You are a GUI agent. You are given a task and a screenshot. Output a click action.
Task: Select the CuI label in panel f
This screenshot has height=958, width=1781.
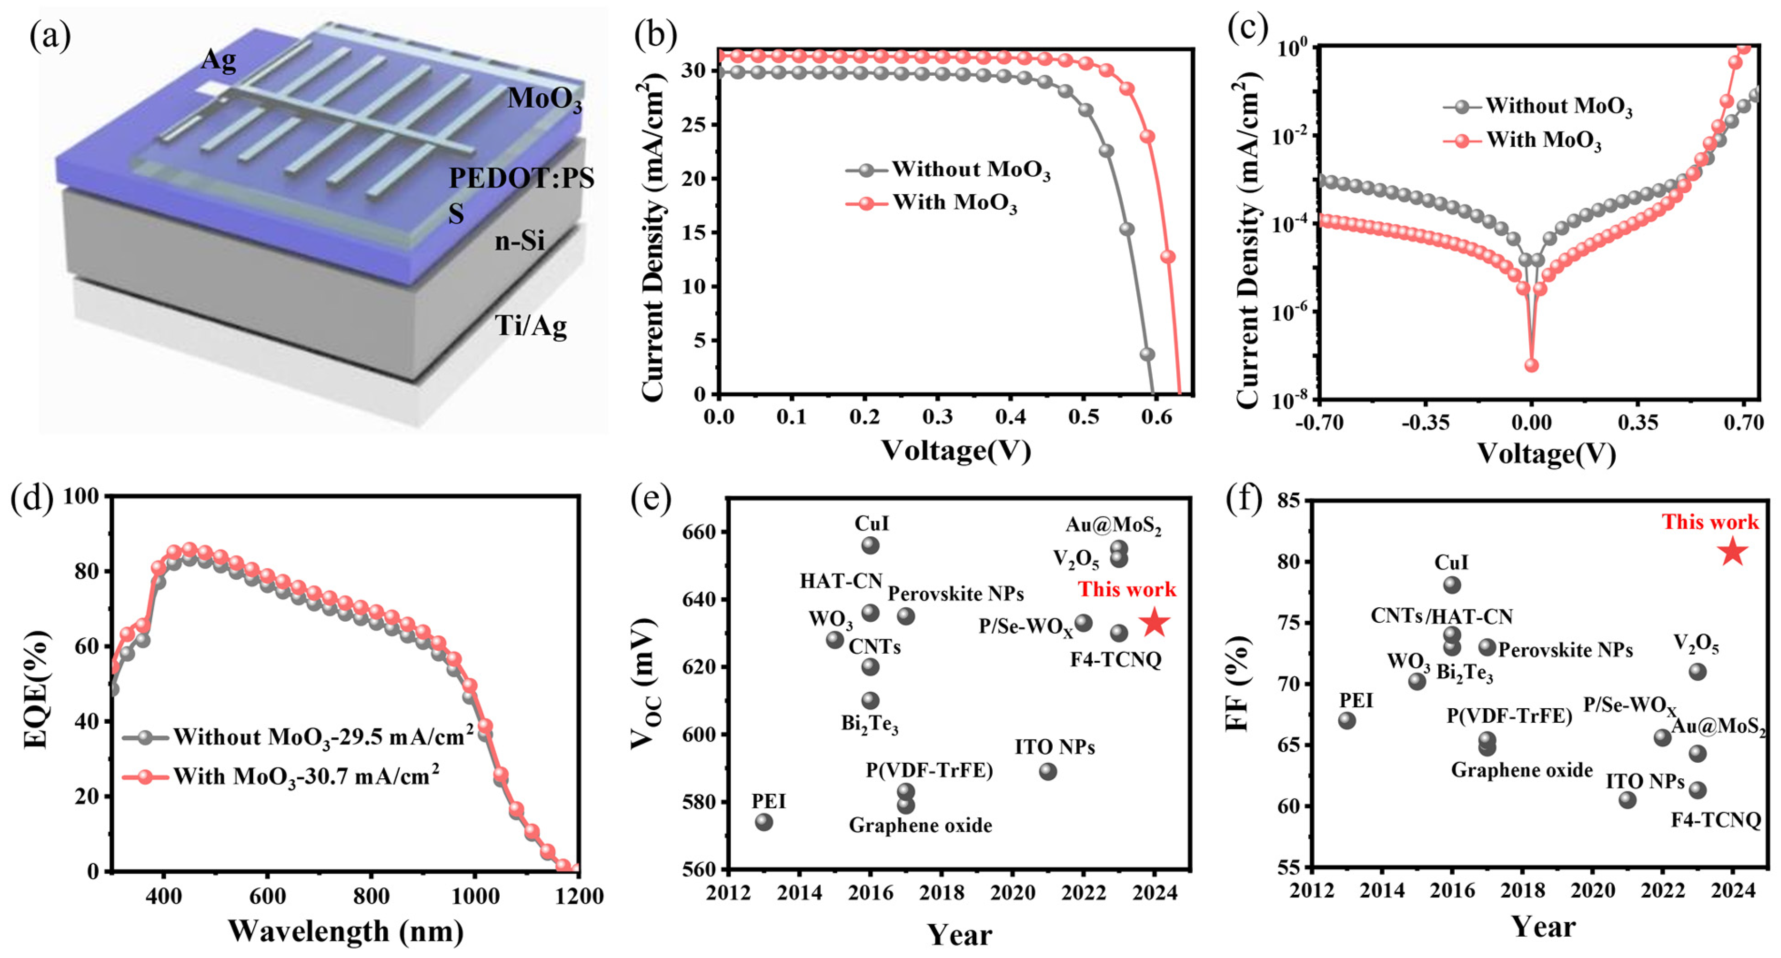coord(1451,563)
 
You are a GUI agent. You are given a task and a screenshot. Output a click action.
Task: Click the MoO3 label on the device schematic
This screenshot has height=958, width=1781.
coord(545,100)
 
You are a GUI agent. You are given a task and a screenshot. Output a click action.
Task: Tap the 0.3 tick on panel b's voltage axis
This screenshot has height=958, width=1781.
coord(938,417)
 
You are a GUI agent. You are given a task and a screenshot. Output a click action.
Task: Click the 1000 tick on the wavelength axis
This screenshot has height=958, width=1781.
coord(475,897)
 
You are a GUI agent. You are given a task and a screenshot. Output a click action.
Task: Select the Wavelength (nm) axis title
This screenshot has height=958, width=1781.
coord(346,931)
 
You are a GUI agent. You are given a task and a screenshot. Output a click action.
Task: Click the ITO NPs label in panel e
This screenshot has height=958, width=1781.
coord(1055,747)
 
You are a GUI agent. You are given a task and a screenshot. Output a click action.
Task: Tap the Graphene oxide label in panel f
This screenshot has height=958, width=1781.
coord(1522,770)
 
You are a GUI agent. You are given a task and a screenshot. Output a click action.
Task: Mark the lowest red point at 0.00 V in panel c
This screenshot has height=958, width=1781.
coord(1532,365)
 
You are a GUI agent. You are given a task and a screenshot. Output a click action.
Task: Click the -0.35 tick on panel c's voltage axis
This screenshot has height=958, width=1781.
coord(1425,422)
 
